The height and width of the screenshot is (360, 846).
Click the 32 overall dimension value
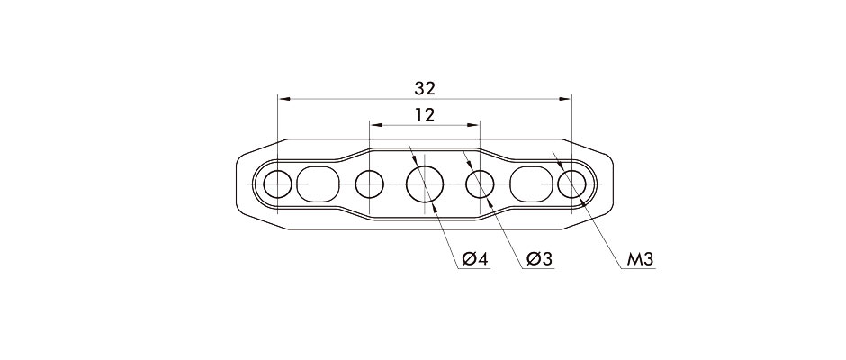[x=425, y=88]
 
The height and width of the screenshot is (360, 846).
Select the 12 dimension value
[x=425, y=115]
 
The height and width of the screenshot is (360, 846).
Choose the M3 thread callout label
[x=640, y=259]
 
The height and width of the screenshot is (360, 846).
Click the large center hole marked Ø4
[x=425, y=184]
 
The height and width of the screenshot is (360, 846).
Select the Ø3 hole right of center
[x=480, y=184]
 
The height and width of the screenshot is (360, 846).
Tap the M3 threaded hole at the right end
[x=571, y=184]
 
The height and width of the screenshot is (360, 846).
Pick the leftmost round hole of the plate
[x=278, y=184]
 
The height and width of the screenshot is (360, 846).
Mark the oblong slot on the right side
[x=533, y=184]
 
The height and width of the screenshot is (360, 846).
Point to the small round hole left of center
[x=369, y=184]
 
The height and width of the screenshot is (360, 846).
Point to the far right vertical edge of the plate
[x=614, y=184]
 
